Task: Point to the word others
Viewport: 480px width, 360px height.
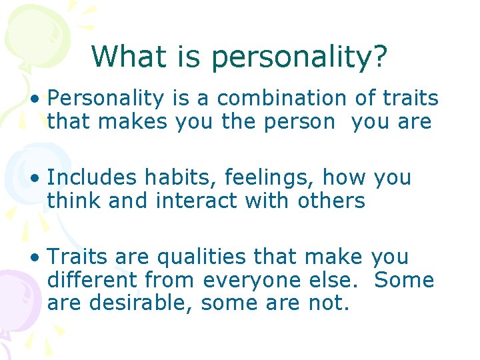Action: pos(330,201)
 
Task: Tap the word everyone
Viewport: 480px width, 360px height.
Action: pos(252,280)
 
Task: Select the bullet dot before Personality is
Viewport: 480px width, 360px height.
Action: pos(33,99)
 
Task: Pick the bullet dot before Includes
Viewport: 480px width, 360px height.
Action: pos(33,179)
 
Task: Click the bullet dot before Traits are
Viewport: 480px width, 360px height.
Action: pos(33,258)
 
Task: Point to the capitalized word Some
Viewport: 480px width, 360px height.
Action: pos(404,280)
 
